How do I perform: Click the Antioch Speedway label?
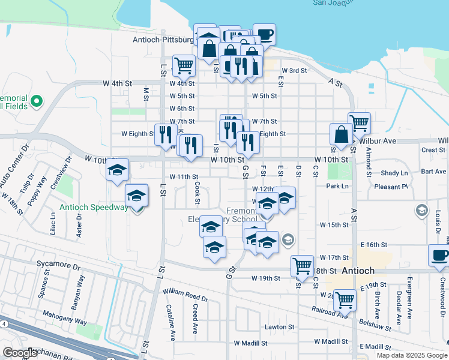[94, 208]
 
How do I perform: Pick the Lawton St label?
[280, 327]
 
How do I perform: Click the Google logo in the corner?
[19, 353]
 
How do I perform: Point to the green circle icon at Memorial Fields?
[37, 101]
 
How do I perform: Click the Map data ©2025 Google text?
[412, 355]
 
